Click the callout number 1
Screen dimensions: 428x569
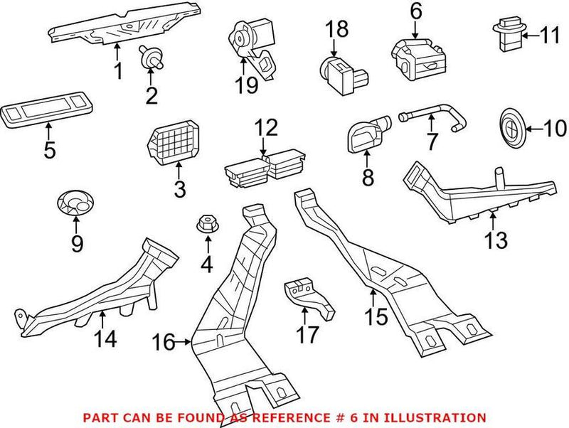tap(118, 71)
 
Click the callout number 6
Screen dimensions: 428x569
tap(415, 11)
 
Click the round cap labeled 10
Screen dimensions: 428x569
tap(509, 129)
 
